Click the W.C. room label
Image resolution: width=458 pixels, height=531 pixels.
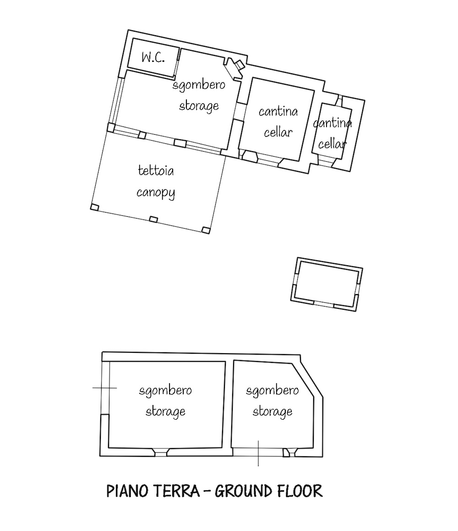coord(153,58)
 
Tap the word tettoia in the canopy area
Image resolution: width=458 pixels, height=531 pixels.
coord(156,170)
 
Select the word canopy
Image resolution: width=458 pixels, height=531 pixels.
coord(156,193)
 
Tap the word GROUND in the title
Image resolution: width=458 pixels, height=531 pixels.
coord(244,492)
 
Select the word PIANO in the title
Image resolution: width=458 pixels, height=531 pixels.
coord(128,492)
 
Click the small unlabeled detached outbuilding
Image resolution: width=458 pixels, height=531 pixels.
coord(327,284)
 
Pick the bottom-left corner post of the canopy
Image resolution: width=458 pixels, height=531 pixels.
coord(95,207)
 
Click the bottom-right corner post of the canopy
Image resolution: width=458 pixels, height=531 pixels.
coord(206,230)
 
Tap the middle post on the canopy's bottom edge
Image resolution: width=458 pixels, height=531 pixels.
coord(154,219)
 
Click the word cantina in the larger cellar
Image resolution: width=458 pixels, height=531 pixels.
coord(278,111)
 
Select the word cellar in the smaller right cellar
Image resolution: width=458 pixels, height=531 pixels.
coord(332,145)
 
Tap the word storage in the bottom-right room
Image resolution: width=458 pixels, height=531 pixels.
coord(273,412)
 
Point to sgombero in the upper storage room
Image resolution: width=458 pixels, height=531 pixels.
coord(199,85)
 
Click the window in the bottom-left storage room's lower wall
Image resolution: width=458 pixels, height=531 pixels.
coord(160,452)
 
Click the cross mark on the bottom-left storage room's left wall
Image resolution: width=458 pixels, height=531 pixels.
coord(104,388)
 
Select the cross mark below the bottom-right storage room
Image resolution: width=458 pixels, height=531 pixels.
coord(258,454)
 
